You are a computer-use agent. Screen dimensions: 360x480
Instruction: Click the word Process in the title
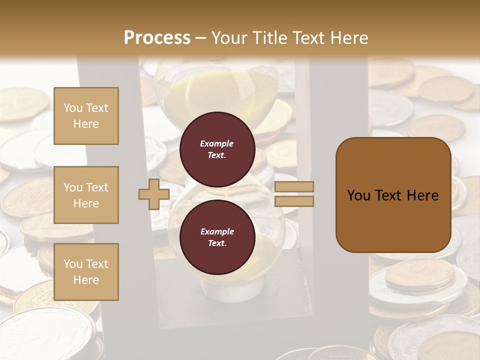click(x=157, y=38)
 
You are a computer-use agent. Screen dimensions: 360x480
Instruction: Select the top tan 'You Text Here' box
click(x=86, y=116)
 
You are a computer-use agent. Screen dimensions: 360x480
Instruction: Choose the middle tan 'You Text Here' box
click(x=86, y=195)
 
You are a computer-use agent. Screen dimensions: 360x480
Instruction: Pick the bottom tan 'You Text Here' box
click(x=86, y=272)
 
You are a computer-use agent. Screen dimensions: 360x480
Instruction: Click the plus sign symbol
click(x=154, y=194)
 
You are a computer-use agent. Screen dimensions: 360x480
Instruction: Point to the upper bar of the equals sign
click(x=294, y=186)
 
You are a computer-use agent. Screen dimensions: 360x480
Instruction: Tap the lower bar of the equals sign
click(x=294, y=201)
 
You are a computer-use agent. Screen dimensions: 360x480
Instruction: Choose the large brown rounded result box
click(x=393, y=220)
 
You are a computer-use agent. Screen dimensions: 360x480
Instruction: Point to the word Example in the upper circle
click(x=217, y=143)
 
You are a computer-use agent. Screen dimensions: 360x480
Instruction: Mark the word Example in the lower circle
click(x=217, y=231)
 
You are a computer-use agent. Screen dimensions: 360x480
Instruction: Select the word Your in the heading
click(x=230, y=38)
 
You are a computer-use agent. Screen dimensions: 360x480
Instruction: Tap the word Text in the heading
click(x=308, y=38)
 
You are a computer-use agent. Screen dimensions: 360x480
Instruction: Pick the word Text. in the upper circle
click(x=217, y=155)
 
